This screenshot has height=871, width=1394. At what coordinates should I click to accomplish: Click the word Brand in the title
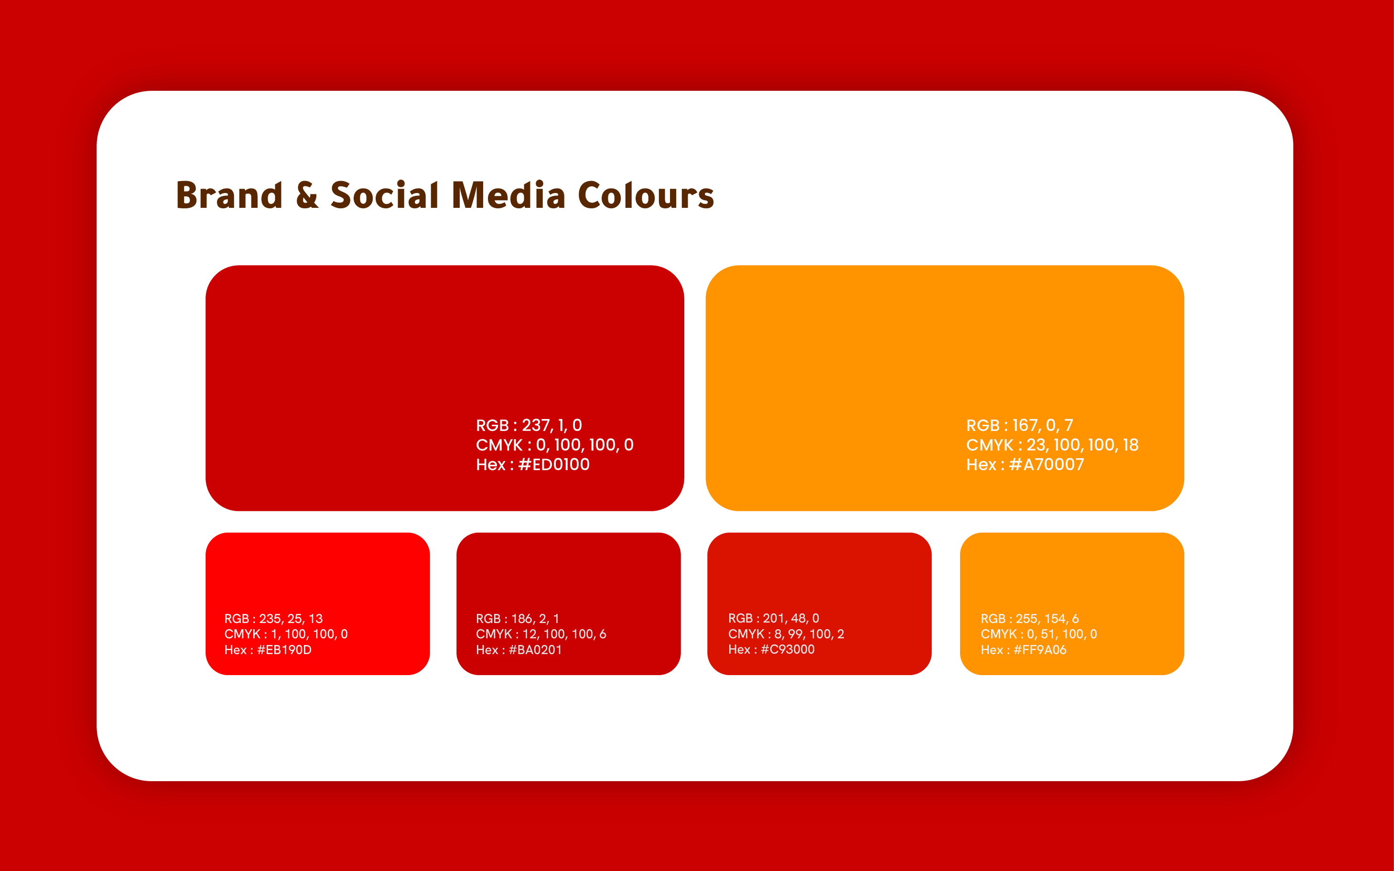pos(229,195)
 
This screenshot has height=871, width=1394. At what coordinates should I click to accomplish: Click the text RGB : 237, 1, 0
pos(529,426)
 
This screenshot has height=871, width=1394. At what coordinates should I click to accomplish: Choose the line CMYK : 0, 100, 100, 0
pos(555,445)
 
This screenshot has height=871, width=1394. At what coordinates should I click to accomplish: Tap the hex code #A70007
pos(1046,464)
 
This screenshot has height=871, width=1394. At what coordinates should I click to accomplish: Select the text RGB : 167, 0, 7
pos(1020,426)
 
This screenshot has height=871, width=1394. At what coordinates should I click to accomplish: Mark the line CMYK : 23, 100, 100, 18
pos(1052,445)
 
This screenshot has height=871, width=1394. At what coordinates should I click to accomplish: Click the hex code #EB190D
pos(284,650)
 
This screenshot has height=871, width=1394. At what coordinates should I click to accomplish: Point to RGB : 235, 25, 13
pos(274,619)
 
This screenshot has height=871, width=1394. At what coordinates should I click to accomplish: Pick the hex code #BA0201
pos(535,650)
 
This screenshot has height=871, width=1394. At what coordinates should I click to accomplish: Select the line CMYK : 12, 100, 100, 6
pos(541,634)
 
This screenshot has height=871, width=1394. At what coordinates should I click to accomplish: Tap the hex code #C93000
pos(788,649)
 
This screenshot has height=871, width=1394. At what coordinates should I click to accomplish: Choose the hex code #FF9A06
pos(1040,650)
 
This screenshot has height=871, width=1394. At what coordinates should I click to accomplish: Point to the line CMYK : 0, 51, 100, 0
pos(1039,634)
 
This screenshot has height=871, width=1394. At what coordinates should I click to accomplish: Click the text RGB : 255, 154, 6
pos(1030,619)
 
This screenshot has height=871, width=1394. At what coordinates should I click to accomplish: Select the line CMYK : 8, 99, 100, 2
pos(786,634)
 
